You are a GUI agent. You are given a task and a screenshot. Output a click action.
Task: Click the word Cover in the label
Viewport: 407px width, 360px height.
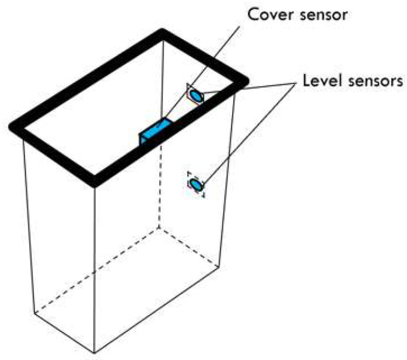click(271, 14)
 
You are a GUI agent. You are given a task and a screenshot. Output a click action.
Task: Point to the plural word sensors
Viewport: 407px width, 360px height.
click(376, 82)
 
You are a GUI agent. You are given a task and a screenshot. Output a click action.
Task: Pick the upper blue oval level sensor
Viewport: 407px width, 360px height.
click(196, 95)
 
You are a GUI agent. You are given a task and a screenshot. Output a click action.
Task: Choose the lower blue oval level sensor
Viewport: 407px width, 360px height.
click(196, 185)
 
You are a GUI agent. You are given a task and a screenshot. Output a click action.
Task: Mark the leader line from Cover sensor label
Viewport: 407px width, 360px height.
click(202, 72)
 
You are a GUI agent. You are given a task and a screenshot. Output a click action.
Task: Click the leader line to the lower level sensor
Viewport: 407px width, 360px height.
click(249, 134)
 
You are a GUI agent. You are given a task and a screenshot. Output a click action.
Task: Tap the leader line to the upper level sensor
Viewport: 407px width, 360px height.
click(250, 88)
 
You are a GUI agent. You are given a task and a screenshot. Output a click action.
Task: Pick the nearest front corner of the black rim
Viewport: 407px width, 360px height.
click(95, 183)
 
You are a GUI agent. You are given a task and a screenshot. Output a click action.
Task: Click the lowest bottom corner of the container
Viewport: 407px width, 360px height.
click(94, 353)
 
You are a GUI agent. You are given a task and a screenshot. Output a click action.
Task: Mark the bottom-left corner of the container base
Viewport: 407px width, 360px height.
click(34, 313)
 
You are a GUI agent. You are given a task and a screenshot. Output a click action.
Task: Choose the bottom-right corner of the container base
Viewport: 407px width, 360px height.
click(219, 266)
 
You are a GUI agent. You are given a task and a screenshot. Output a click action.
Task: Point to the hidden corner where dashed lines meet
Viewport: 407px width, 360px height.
click(159, 228)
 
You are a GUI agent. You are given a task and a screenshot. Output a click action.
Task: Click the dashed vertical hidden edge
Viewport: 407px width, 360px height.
click(160, 186)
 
